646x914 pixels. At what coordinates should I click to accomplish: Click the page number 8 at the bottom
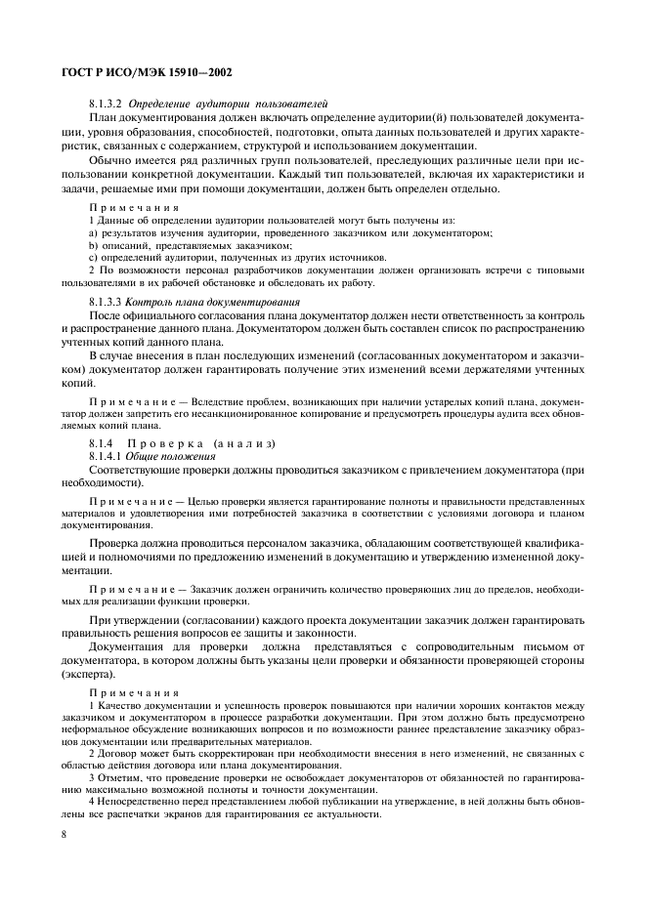64,835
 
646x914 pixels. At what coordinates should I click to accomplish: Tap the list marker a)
93,232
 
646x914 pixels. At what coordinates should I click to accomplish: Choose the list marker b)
93,245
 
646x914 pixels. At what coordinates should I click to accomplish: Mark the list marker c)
93,258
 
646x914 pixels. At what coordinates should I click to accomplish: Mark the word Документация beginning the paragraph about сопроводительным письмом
128,647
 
